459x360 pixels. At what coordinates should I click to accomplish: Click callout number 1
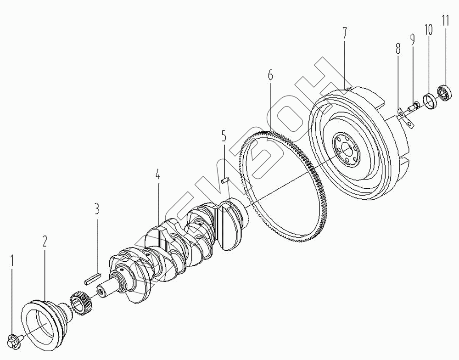click(x=12, y=261)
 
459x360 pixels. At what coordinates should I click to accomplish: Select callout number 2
click(x=45, y=241)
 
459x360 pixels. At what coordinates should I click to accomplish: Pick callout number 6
click(x=270, y=75)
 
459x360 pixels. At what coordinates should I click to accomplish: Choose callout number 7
click(x=344, y=33)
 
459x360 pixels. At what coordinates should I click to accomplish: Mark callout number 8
click(x=398, y=49)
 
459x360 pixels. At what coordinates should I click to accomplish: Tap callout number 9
click(x=413, y=39)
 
